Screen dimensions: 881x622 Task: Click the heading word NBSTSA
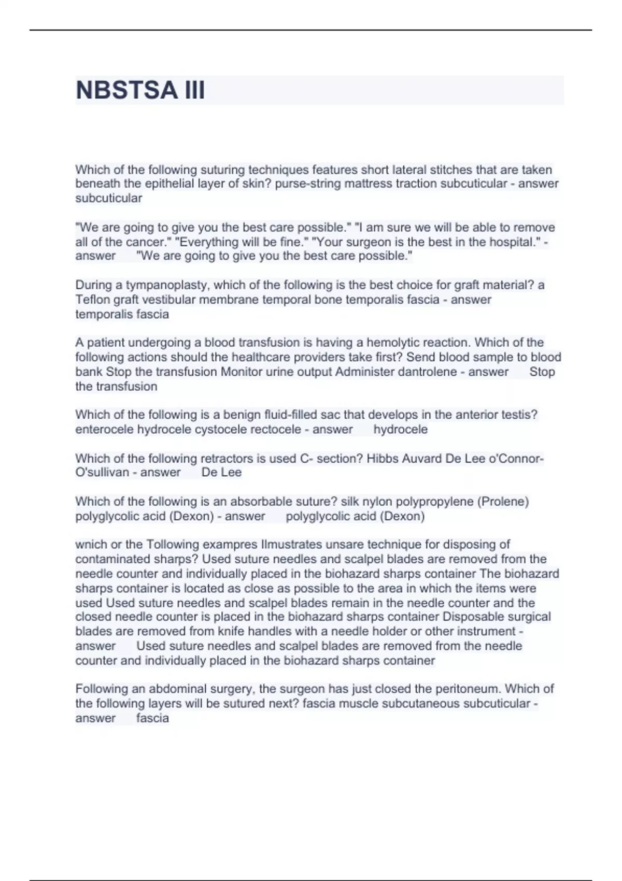coord(126,90)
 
